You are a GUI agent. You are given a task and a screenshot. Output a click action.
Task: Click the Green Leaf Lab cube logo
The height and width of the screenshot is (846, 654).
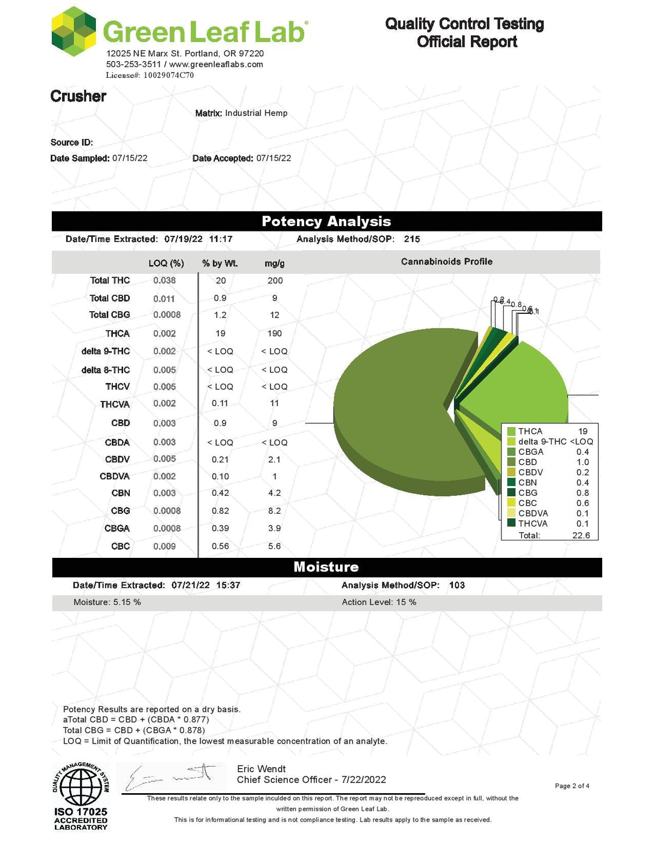(74, 32)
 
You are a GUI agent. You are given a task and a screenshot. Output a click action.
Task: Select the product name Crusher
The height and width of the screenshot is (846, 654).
(78, 96)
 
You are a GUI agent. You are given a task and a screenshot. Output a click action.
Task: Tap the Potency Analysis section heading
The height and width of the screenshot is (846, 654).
(326, 221)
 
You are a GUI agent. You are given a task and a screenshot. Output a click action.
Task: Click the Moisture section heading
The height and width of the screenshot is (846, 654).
(326, 567)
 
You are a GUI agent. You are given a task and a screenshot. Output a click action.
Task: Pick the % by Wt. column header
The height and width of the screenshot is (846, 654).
(220, 264)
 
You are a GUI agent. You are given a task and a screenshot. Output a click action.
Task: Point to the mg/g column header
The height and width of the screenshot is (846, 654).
(275, 264)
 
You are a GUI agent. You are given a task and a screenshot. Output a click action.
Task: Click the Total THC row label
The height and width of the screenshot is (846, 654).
(110, 281)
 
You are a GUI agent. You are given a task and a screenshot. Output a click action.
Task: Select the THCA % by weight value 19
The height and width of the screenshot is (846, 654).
(220, 333)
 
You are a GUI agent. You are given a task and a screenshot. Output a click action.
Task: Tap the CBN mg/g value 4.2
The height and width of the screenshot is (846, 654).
(275, 493)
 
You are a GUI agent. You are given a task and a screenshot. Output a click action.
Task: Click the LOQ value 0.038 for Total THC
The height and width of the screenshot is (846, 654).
(164, 281)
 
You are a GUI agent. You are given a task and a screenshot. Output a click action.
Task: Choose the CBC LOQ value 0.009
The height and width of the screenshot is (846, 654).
(164, 546)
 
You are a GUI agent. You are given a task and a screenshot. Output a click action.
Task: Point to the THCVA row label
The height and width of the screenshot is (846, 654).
(115, 404)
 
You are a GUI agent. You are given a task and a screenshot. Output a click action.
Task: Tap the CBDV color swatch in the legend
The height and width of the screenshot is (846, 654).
(511, 472)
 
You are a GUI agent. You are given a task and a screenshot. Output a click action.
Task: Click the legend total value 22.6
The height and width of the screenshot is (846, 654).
(581, 535)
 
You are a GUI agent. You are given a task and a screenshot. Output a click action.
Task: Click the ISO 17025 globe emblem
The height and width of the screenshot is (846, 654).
(80, 786)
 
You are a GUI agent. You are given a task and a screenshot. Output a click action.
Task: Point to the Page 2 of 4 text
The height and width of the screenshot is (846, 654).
(572, 786)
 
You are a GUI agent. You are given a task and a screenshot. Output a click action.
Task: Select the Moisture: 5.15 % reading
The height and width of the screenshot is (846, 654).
(107, 602)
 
